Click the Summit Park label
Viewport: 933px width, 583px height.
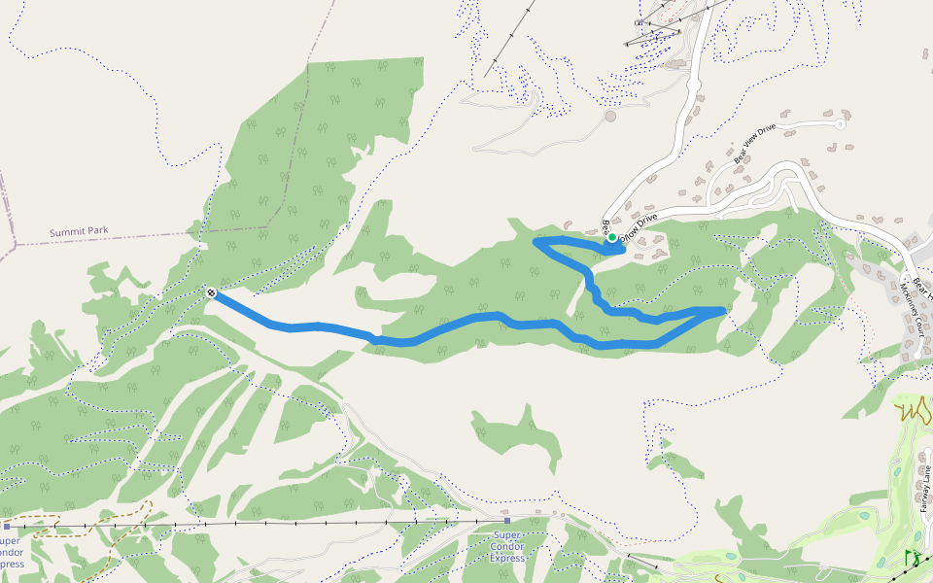point(79,231)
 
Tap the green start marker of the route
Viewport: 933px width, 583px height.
point(612,237)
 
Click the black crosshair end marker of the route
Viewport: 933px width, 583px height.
point(211,291)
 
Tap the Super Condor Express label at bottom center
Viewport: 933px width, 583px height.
point(507,547)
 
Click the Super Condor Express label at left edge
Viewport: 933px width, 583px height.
point(10,552)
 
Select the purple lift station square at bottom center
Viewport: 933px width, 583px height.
point(506,521)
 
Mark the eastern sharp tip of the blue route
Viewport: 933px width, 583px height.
point(723,310)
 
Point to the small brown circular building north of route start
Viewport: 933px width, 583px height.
point(610,117)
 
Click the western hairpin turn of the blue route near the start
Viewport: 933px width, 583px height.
point(538,239)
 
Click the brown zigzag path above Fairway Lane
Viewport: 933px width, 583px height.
point(914,410)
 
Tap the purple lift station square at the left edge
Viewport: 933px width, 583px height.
point(6,526)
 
